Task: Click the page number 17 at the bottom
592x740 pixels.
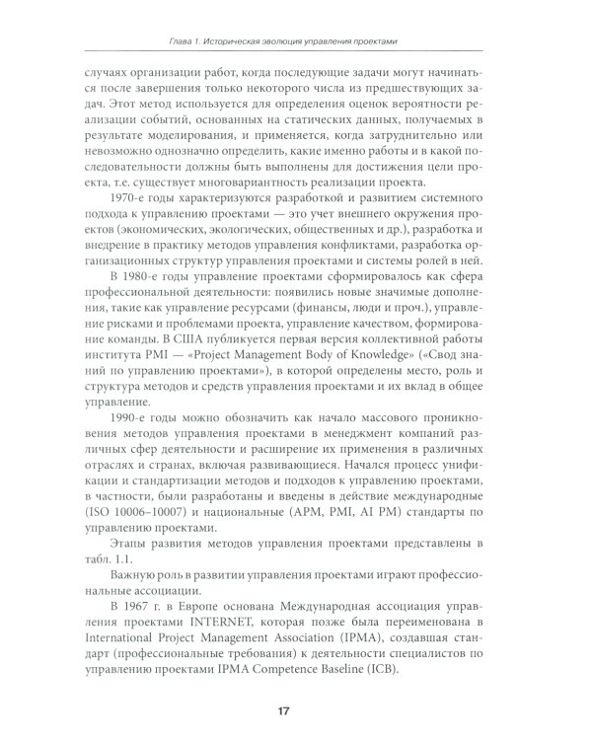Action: click(296, 709)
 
